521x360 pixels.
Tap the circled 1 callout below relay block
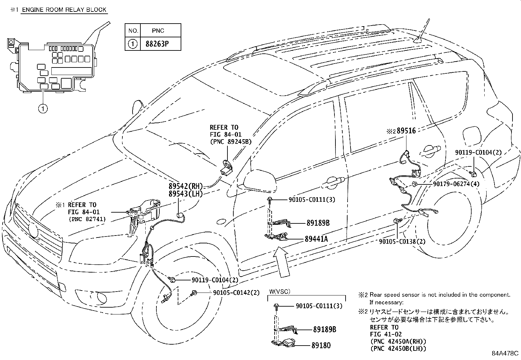[43, 108]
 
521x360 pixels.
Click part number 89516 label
[406, 131]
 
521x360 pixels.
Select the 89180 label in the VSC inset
[322, 345]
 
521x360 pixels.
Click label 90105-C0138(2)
[402, 241]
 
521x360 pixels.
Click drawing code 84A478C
[505, 354]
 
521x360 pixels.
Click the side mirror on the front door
[259, 182]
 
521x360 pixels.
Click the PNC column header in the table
[158, 30]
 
